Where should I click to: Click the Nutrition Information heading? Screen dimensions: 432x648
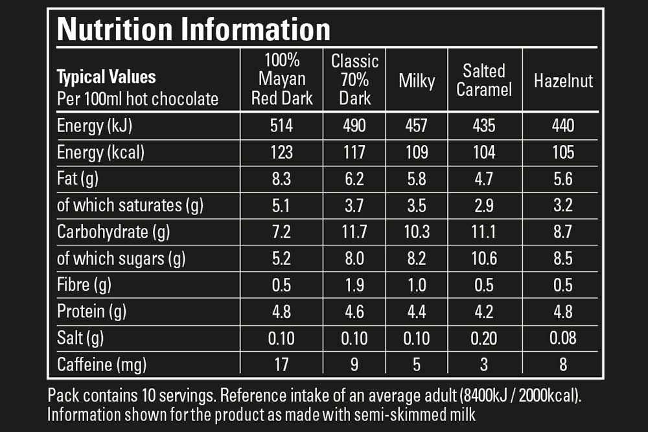(x=193, y=28)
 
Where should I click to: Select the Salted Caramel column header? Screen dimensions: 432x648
(x=484, y=80)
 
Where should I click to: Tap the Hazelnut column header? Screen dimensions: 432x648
(x=563, y=81)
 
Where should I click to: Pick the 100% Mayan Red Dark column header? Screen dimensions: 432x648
(x=282, y=80)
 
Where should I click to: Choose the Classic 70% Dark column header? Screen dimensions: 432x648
(x=354, y=80)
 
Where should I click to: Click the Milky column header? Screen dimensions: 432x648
(x=417, y=81)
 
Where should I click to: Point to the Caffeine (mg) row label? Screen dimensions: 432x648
(x=102, y=364)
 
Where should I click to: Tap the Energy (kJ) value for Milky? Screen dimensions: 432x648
(x=417, y=126)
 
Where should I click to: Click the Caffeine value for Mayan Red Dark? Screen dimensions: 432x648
(x=281, y=364)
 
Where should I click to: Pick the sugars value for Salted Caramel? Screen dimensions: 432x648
(x=484, y=258)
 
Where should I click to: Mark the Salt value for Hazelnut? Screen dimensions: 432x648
(x=563, y=337)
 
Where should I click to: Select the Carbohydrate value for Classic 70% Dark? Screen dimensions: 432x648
(x=354, y=232)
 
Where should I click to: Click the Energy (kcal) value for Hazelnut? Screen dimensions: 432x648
(x=563, y=152)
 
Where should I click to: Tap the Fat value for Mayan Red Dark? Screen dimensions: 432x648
(x=281, y=179)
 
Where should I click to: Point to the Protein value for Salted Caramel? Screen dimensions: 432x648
(x=484, y=312)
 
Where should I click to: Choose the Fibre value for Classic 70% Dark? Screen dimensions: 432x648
(x=354, y=285)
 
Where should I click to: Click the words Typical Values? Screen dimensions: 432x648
(x=107, y=77)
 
